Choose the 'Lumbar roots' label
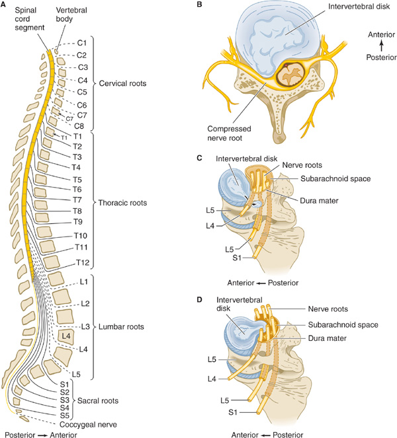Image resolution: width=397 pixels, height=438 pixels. (121, 327)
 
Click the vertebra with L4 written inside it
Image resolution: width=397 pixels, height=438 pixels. (65, 336)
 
